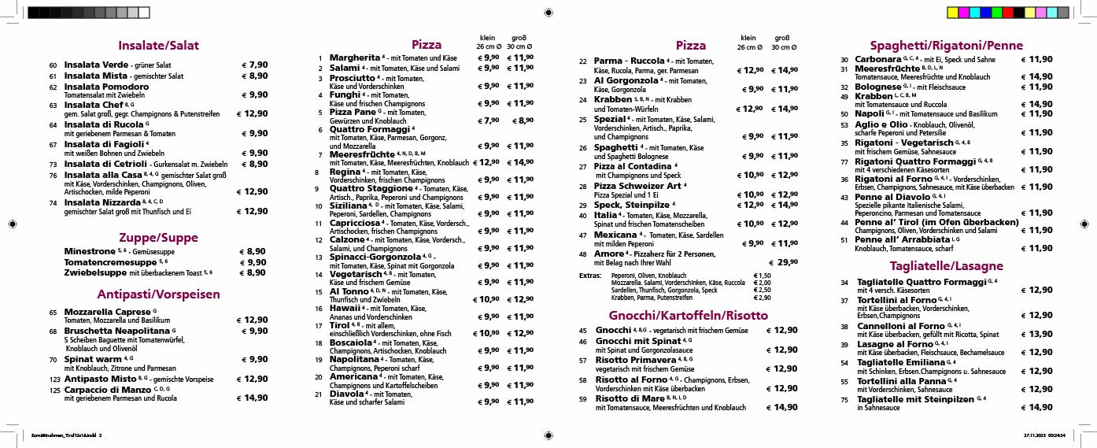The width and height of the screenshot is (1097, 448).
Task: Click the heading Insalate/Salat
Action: (x=158, y=46)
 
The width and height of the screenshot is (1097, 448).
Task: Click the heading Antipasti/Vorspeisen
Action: (x=158, y=294)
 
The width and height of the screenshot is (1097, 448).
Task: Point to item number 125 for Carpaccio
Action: (x=55, y=390)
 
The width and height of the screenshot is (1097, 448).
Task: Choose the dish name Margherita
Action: (x=354, y=57)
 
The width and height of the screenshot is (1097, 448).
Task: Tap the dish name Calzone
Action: (x=346, y=239)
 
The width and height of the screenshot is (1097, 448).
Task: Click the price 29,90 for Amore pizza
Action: (x=783, y=262)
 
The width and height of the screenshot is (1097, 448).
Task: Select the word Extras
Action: (x=589, y=276)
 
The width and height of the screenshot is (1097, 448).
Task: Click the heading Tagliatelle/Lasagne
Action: (x=934, y=265)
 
